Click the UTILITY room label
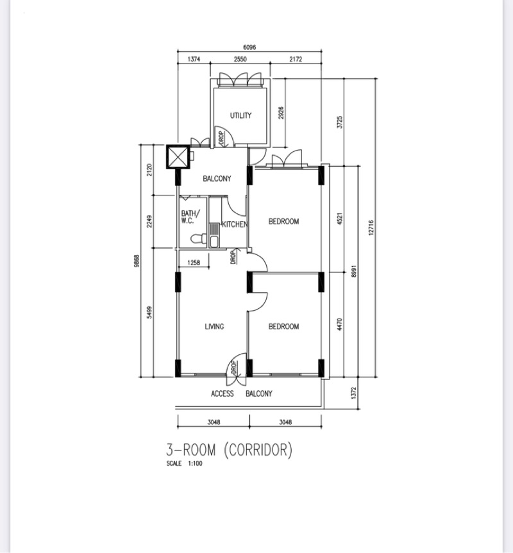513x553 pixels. (240, 116)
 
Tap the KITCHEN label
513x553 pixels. (234, 225)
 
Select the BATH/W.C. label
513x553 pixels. (190, 217)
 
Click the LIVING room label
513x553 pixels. (214, 327)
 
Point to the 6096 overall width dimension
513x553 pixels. (251, 47)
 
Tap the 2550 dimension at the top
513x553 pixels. (240, 59)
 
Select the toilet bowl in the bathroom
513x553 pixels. (198, 240)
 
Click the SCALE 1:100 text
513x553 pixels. (184, 464)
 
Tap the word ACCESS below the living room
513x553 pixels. (223, 393)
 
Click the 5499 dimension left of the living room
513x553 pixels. (149, 312)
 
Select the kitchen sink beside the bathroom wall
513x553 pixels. (214, 234)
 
